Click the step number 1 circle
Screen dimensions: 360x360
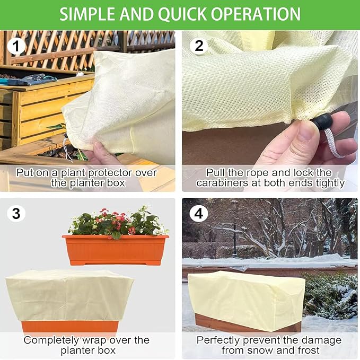click(16, 46)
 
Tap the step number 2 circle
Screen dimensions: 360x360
click(199, 46)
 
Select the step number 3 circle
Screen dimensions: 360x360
click(16, 214)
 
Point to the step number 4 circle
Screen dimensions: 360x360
click(199, 214)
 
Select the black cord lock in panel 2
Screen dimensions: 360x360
click(322, 124)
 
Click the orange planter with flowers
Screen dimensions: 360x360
click(115, 249)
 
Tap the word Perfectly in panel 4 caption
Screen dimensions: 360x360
click(219, 340)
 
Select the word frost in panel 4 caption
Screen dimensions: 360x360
click(306, 350)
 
